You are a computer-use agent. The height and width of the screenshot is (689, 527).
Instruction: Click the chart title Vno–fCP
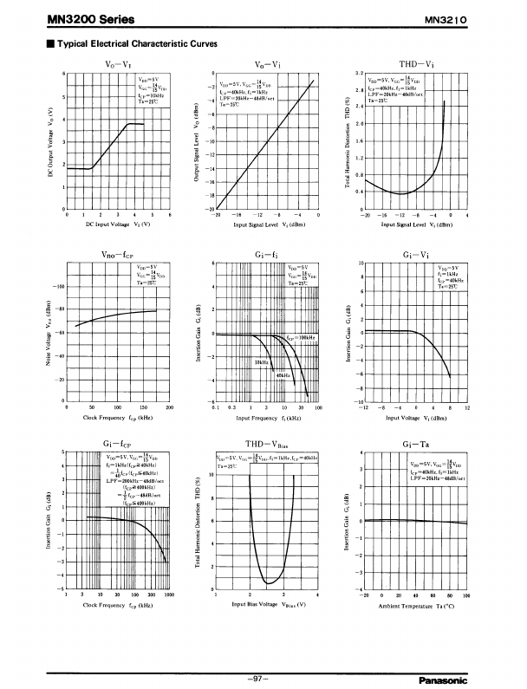[117, 253]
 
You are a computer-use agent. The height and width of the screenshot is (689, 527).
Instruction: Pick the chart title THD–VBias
[268, 444]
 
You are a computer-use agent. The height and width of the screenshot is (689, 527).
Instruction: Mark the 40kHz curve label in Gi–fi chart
[283, 374]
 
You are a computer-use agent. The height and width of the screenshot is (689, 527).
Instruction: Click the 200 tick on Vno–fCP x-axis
[169, 406]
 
